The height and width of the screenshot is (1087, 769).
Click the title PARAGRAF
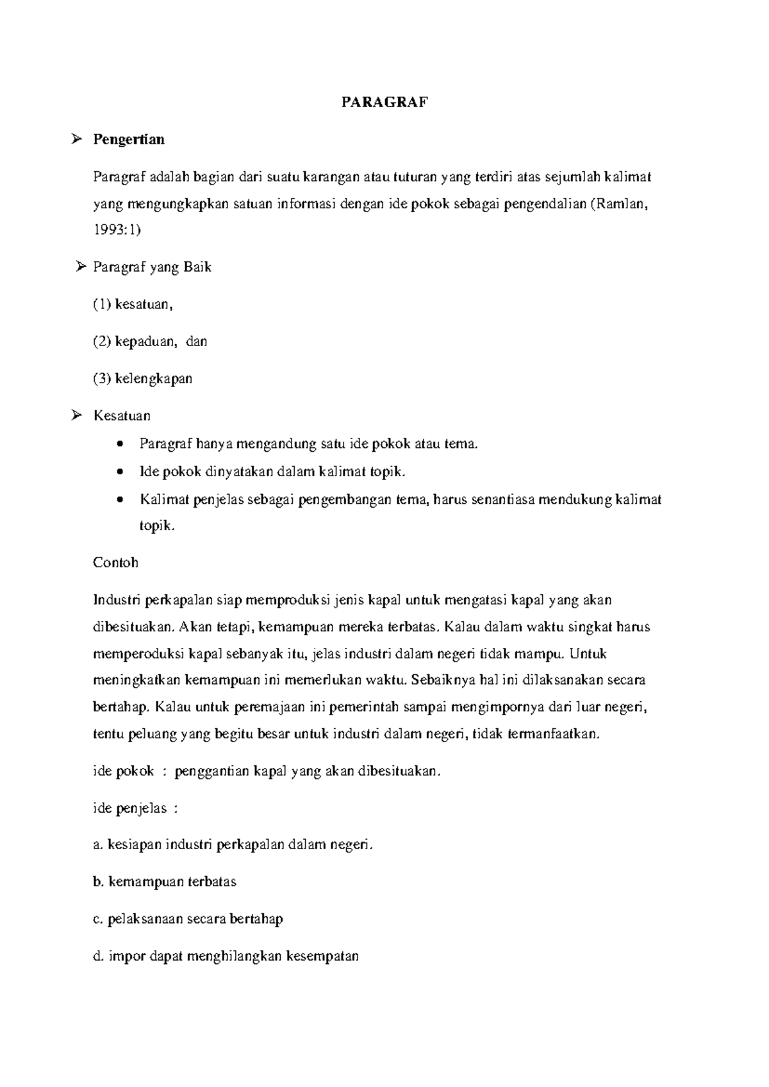click(384, 102)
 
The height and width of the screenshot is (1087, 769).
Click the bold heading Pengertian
click(129, 139)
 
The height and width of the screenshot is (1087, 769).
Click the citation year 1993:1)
click(116, 229)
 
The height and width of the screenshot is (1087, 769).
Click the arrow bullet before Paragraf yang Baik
click(81, 267)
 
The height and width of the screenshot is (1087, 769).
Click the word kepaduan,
click(145, 342)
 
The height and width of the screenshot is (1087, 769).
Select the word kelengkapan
click(154, 378)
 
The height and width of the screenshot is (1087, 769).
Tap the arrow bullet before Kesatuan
click(76, 415)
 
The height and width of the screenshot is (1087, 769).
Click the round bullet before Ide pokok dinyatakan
click(120, 472)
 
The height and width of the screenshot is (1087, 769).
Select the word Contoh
click(115, 563)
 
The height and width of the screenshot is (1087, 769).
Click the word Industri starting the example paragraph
click(117, 600)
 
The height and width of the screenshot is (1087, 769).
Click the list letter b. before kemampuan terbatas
click(98, 882)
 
